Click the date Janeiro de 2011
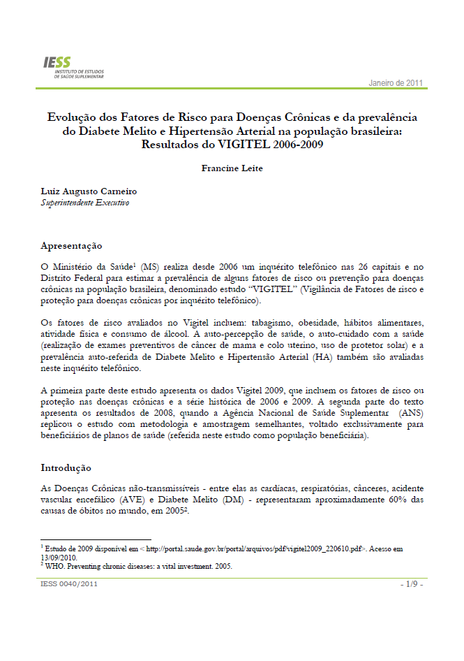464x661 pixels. pos(396,83)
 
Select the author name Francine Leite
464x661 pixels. pos(232,168)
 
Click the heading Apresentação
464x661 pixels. pos(72,246)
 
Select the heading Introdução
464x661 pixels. pos(66,467)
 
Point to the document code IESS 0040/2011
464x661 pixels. pos(68,583)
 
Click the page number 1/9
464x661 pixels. pos(411,583)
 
